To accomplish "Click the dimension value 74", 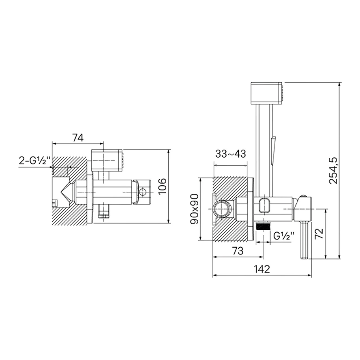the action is click(78, 138).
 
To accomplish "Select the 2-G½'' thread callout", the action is click(34, 161).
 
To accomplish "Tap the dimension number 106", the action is click(163, 186).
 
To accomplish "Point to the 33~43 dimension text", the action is click(231, 154).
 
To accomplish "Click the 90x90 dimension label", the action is click(194, 209).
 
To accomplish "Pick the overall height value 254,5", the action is click(334, 170).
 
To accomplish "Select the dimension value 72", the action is click(319, 234).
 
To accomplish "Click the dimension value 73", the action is click(238, 251).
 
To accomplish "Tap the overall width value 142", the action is click(262, 269).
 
